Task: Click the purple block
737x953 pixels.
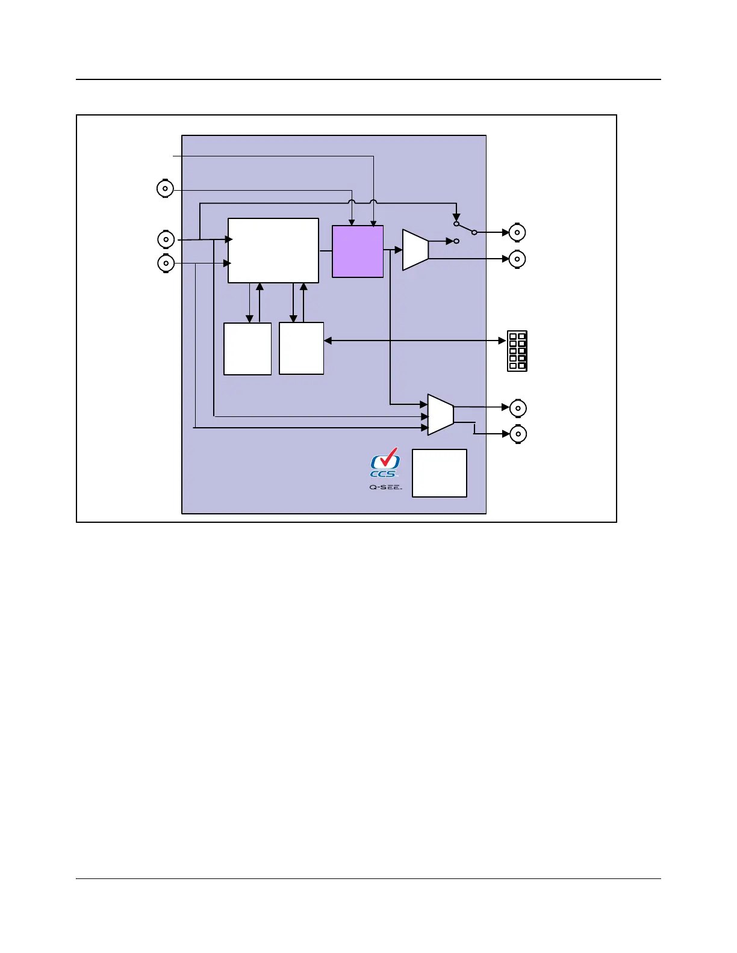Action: tap(358, 251)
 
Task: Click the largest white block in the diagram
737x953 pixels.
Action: tap(273, 250)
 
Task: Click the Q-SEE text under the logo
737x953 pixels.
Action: tap(385, 487)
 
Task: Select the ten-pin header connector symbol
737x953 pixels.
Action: tap(517, 351)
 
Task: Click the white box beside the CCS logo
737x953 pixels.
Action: tap(440, 473)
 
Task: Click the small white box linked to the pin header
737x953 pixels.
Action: tap(302, 348)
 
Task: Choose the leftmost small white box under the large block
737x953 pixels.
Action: tap(247, 349)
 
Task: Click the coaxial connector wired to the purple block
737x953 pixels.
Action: tap(165, 189)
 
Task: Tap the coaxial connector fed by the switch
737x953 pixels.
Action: tap(517, 232)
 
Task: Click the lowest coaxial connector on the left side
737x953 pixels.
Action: tap(166, 263)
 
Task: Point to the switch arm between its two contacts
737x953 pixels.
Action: tap(465, 228)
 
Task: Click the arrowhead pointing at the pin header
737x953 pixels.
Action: tap(502, 341)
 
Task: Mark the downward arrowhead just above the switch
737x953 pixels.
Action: tap(456, 217)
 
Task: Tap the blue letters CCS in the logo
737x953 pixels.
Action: tap(383, 474)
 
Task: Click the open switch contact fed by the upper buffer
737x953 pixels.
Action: tap(456, 241)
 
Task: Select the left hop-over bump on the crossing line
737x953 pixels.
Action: tap(352, 202)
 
